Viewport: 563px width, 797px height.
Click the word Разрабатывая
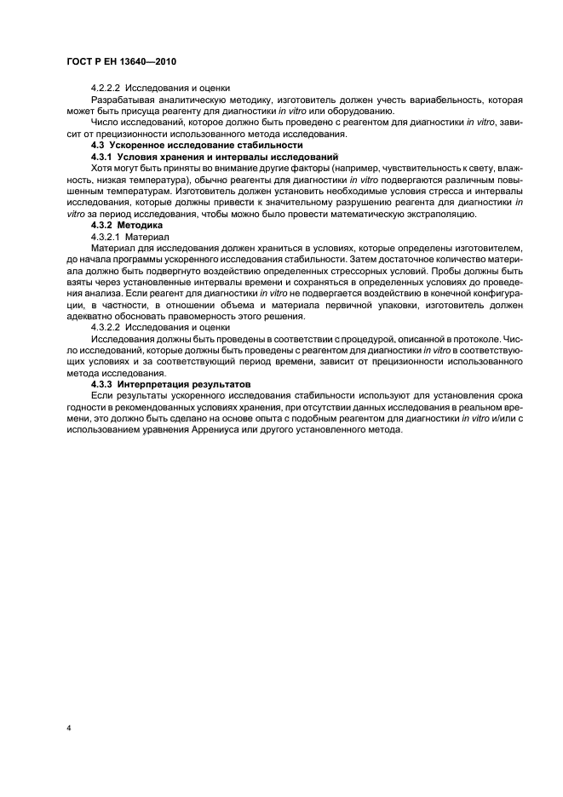122,100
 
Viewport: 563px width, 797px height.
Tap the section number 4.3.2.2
106,326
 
